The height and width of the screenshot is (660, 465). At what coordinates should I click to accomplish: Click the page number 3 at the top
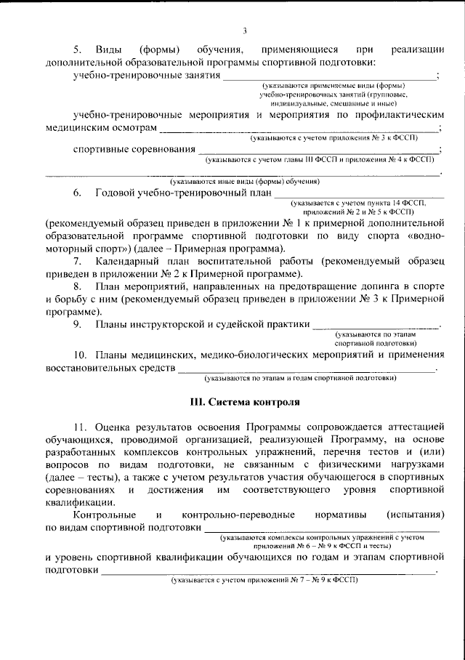245,31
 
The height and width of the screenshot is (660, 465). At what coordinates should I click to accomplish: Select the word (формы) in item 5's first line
160,49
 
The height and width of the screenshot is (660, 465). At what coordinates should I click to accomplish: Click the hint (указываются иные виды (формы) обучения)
245,181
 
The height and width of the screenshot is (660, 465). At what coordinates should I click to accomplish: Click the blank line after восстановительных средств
305,370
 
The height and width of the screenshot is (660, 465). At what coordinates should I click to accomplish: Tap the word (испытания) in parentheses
415,515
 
